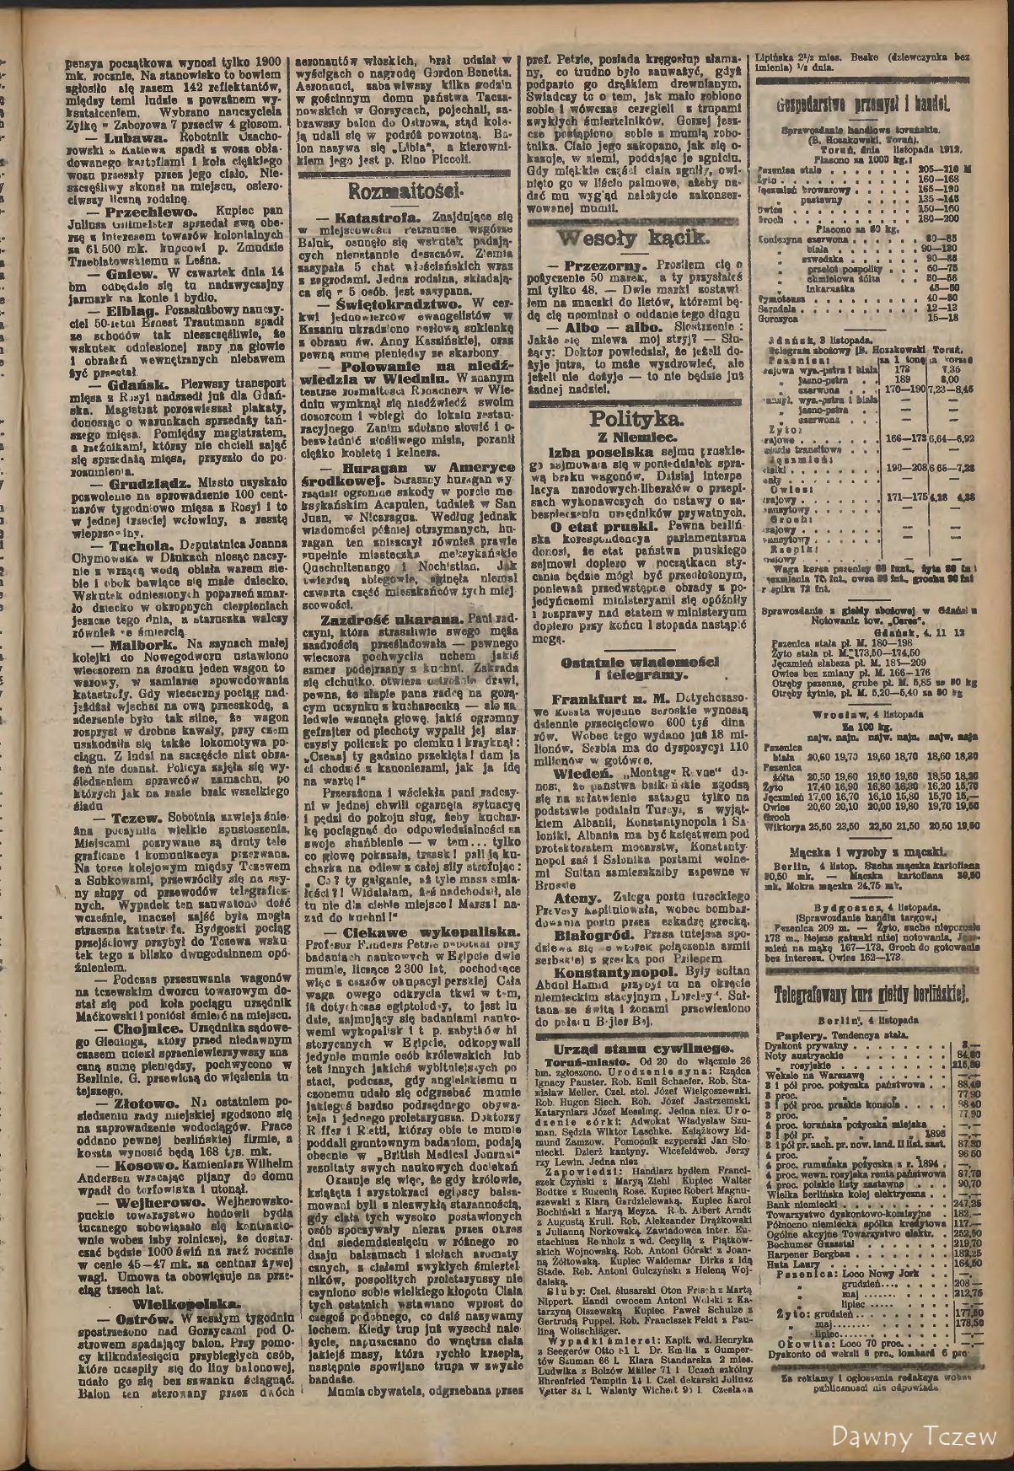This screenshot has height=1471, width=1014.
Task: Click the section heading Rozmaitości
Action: click(x=402, y=187)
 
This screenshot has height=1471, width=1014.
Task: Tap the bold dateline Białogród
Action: click(x=587, y=958)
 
